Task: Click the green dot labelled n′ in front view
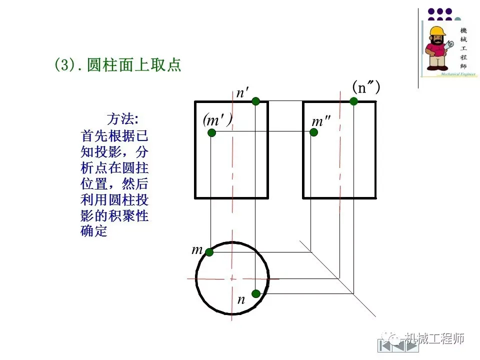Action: tap(256, 101)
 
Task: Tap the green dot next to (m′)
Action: tap(211, 132)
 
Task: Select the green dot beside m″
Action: tap(313, 132)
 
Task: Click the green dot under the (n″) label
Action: tap(353, 101)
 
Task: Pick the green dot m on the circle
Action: tap(209, 252)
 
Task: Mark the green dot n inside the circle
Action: tap(256, 293)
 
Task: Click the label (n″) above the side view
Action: tap(366, 87)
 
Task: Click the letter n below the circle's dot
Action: tap(241, 300)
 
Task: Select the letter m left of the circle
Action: tap(197, 249)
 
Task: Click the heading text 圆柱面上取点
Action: tap(133, 65)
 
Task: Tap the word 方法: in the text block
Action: tap(121, 119)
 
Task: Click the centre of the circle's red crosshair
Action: tap(232, 278)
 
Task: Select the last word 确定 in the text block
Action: tap(94, 231)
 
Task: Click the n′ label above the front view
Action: tap(242, 93)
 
